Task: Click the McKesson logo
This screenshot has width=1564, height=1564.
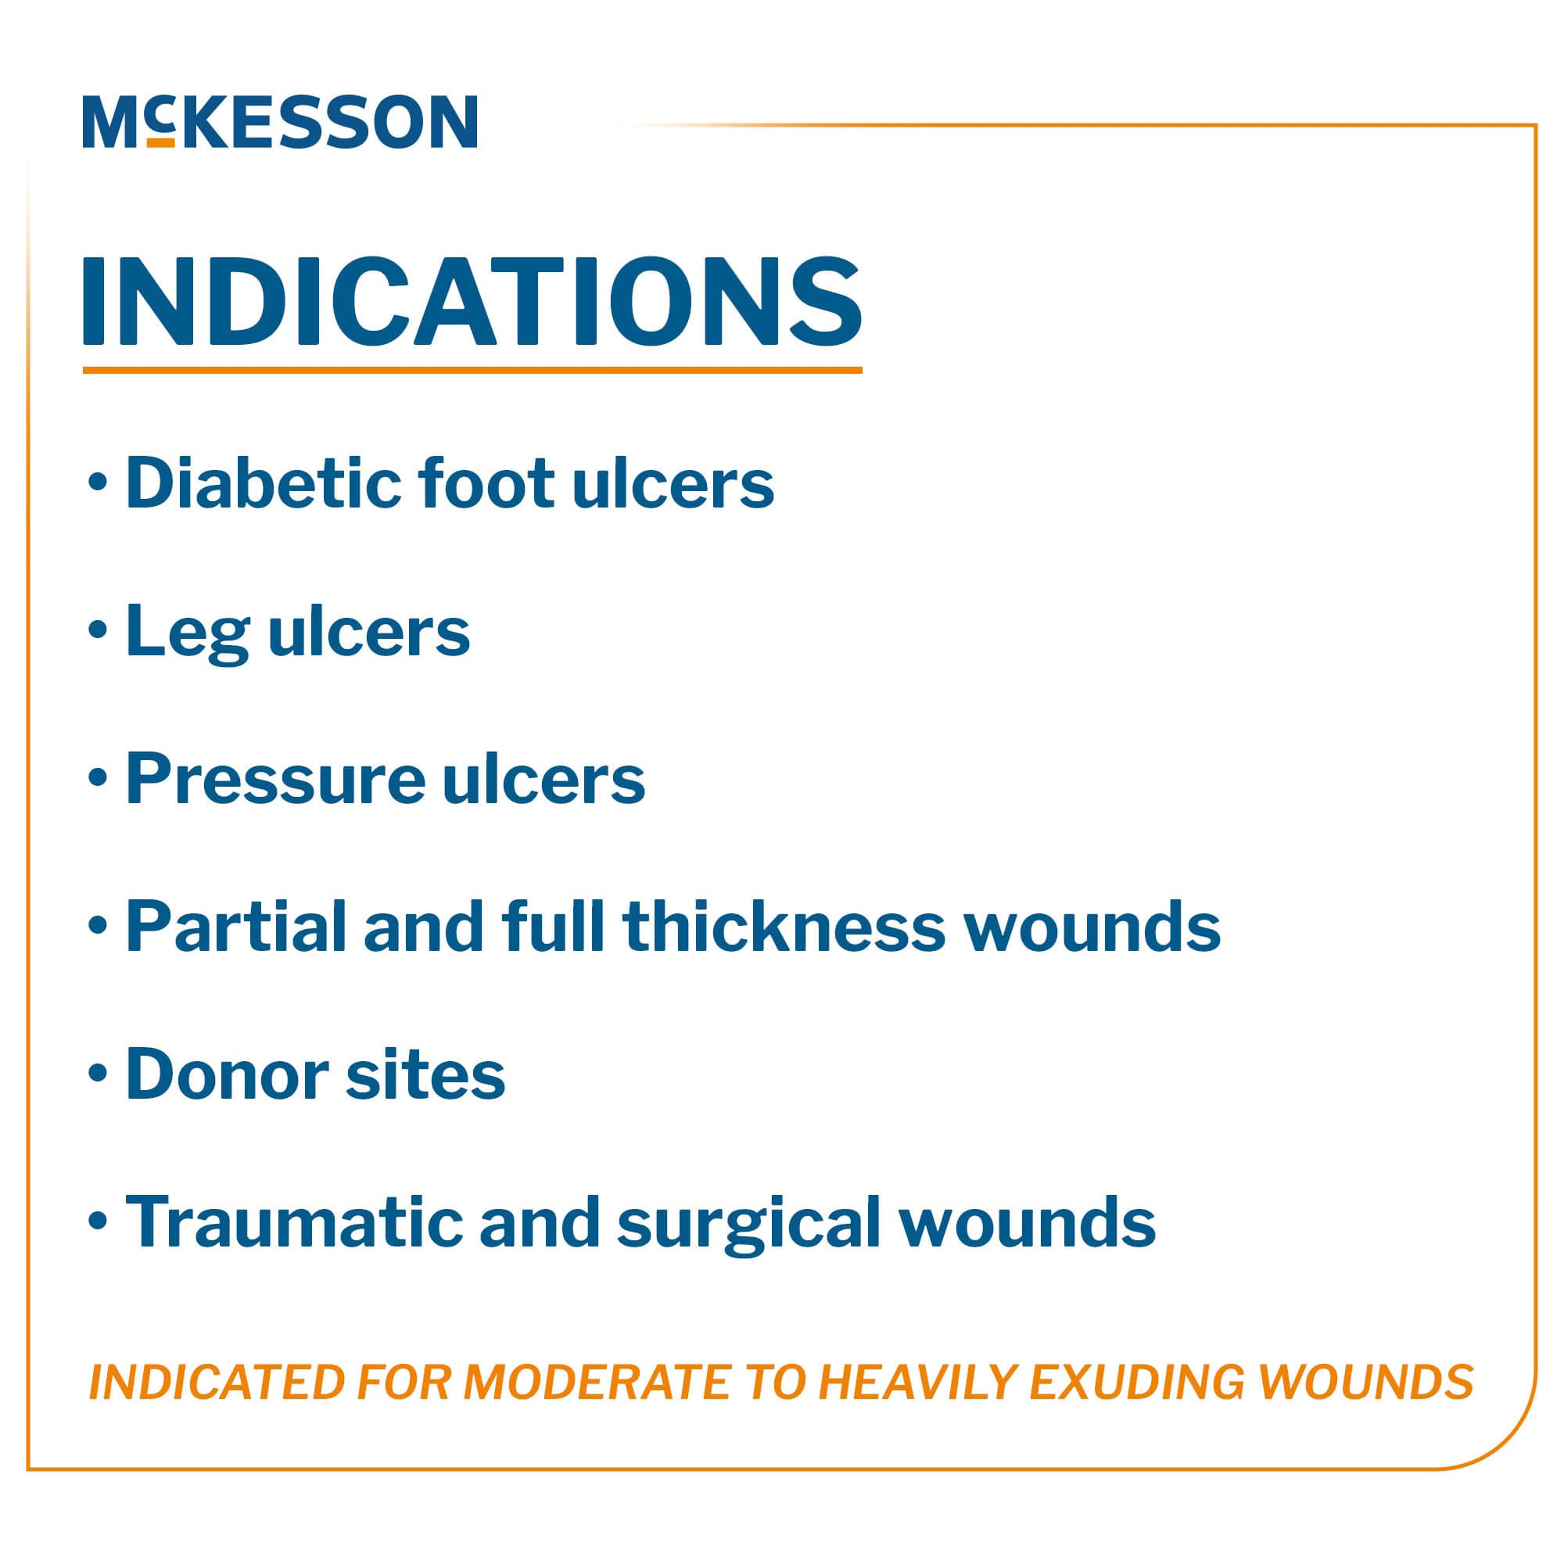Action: click(x=279, y=121)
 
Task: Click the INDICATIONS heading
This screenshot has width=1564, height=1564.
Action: click(x=472, y=302)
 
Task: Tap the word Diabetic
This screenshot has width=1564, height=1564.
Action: click(x=260, y=483)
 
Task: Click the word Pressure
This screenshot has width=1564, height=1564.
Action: click(x=274, y=779)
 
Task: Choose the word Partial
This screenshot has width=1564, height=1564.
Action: click(x=235, y=927)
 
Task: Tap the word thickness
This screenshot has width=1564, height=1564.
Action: click(x=783, y=927)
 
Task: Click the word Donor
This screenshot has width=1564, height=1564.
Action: click(x=226, y=1074)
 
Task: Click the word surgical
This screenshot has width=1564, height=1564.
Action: click(x=748, y=1224)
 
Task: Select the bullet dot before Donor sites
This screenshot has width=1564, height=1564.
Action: click(x=98, y=1074)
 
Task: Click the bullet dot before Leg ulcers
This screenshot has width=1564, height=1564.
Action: click(x=98, y=630)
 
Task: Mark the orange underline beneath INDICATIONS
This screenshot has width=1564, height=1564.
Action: click(x=472, y=370)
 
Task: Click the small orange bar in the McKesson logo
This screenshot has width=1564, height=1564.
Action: click(x=161, y=142)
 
